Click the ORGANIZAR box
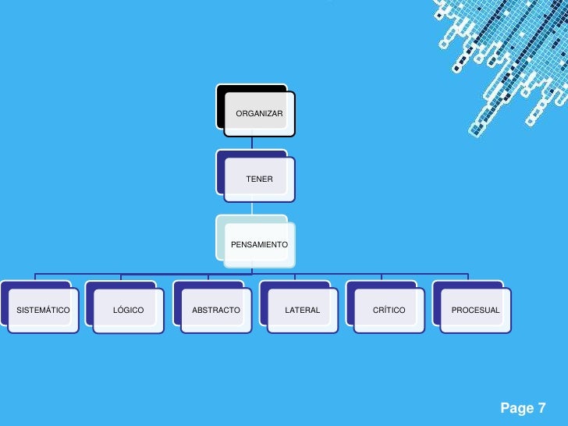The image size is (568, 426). pos(260,114)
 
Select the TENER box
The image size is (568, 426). pos(260,179)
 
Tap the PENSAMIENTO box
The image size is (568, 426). pos(260,244)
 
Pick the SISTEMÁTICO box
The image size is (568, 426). pos(43,310)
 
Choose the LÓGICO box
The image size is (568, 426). pos(129,310)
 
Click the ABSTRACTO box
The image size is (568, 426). pos(216,310)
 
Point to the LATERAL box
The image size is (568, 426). pos(303,310)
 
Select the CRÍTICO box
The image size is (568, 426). pos(389,310)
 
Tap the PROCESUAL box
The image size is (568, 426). pos(476,310)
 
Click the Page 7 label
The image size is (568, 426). pos(523,408)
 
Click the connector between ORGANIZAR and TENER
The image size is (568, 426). pos(252,142)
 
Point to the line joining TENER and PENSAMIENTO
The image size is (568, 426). pos(252,207)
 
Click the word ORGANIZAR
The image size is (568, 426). pos(260,114)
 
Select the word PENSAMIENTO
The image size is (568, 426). pos(260,245)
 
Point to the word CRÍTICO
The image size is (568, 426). pos(389,311)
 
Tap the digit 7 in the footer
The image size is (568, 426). pos(541,408)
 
